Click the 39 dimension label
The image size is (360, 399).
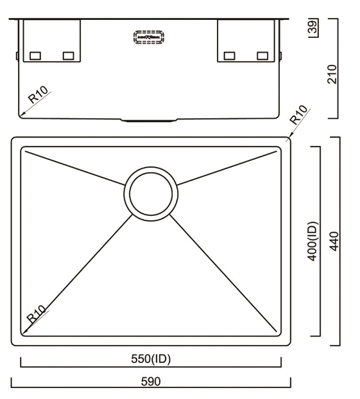314,28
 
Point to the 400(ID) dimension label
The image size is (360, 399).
313,241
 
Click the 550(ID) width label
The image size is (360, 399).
151,359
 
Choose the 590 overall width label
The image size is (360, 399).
151,381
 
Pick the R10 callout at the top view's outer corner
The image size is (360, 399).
299,115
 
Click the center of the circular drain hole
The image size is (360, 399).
152,193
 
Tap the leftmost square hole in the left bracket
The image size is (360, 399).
36,56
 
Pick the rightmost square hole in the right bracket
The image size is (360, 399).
262,56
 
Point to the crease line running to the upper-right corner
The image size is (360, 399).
228,166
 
